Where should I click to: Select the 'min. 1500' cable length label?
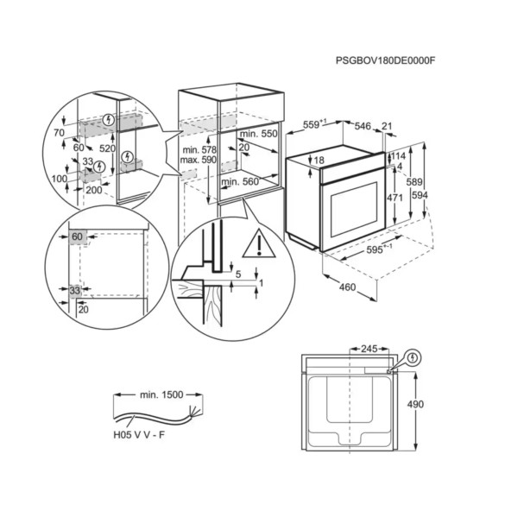[x=160, y=394]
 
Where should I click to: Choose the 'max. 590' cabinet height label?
[x=199, y=161]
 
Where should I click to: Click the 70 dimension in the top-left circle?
[x=59, y=133]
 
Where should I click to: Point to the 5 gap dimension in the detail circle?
[x=237, y=275]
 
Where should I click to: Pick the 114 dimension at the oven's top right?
[x=399, y=156]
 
